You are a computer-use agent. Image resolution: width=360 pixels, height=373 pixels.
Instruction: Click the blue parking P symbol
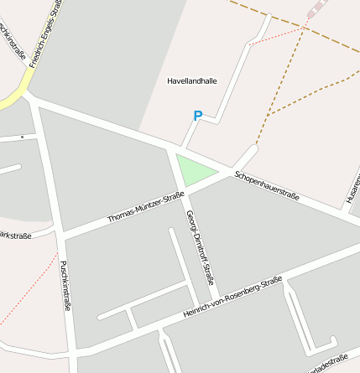point(198,117)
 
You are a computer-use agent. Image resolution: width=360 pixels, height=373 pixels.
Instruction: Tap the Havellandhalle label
point(192,81)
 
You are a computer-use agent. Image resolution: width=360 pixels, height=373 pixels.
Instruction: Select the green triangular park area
point(194,171)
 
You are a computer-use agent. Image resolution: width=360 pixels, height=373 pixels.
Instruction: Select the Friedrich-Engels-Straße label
point(46,34)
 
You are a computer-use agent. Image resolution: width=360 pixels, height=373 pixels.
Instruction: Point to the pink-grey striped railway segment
point(316,8)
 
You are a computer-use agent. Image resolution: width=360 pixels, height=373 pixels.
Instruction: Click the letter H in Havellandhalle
point(170,81)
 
